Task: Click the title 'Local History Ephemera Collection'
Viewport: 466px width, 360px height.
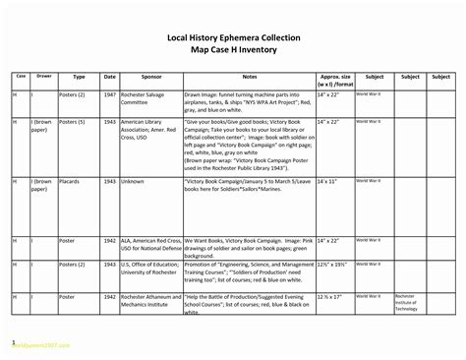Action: pos(233,37)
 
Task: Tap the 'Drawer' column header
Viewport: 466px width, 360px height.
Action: pos(44,76)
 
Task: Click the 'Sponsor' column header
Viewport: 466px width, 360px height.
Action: pos(150,77)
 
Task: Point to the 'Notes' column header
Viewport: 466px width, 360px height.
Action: pos(249,77)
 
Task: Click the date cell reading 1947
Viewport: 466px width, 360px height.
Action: pos(109,94)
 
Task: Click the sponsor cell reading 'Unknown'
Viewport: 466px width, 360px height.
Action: pos(133,182)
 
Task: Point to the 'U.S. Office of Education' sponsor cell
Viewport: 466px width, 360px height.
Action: pos(149,270)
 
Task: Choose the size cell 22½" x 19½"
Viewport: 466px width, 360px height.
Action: pos(333,266)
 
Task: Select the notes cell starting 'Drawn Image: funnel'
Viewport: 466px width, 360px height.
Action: pos(249,101)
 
